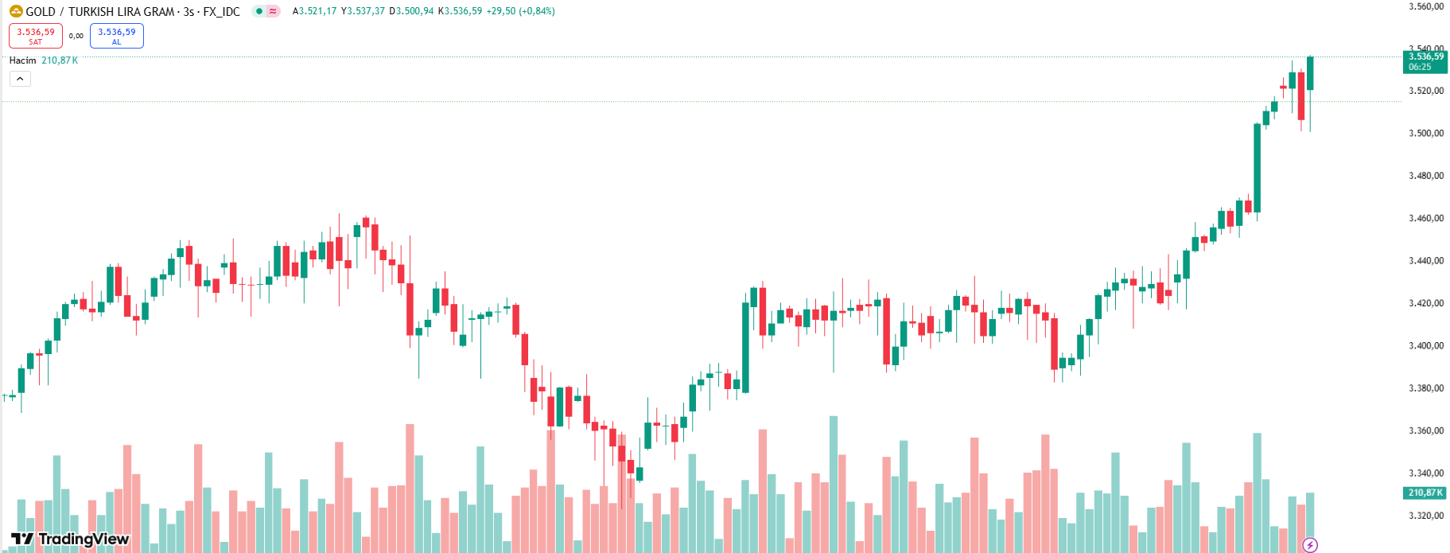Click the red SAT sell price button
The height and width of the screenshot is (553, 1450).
click(x=36, y=36)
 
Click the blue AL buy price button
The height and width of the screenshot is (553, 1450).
click(x=117, y=36)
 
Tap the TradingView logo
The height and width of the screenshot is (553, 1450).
click(x=70, y=539)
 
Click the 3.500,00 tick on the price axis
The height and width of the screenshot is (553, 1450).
click(x=1425, y=134)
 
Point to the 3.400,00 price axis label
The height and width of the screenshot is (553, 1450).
click(x=1425, y=346)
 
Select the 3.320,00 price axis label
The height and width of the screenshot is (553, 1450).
click(x=1425, y=516)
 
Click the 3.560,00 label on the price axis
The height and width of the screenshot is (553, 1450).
click(x=1425, y=6)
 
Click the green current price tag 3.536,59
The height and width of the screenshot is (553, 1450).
click(x=1425, y=61)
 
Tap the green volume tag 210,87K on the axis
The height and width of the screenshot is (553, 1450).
click(x=1425, y=493)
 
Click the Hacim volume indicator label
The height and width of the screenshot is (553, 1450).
click(x=22, y=60)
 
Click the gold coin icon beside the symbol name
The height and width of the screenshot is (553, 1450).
click(x=16, y=11)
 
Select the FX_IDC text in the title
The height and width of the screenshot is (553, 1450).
click(x=221, y=12)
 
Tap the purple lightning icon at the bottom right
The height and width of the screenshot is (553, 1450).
click(x=1310, y=545)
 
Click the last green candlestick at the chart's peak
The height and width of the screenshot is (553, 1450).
click(x=1310, y=73)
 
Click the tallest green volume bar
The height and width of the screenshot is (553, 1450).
click(x=834, y=484)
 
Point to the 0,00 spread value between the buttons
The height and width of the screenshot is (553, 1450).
click(x=76, y=36)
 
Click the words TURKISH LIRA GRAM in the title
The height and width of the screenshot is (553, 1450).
click(x=121, y=12)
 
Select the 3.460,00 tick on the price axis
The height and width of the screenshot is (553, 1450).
click(x=1425, y=218)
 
